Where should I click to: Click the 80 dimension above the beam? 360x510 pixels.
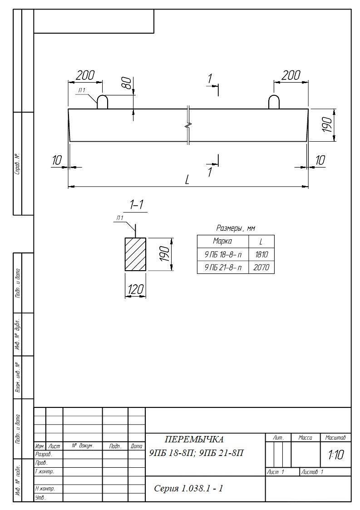[x=127, y=83]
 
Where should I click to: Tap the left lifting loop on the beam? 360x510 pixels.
[x=103, y=101]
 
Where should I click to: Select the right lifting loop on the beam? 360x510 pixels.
[x=274, y=101]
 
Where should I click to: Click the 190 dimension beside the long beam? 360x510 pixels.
[x=327, y=125]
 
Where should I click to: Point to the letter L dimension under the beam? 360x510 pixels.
[x=187, y=179]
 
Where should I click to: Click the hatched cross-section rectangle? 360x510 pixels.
[x=135, y=254]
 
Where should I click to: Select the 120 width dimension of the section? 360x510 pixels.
[x=135, y=289]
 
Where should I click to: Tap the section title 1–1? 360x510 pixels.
[x=137, y=205]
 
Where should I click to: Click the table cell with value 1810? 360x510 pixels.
[x=261, y=254]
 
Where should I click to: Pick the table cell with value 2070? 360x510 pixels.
[x=261, y=267]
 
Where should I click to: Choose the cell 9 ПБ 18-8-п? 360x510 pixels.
[x=223, y=254]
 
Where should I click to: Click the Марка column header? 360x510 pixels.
[x=223, y=241]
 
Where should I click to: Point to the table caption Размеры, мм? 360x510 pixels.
[x=236, y=228]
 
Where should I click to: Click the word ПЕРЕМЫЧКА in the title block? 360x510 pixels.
[x=194, y=440]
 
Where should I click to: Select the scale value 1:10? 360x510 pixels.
[x=335, y=455]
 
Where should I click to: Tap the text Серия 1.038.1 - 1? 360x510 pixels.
[x=188, y=488]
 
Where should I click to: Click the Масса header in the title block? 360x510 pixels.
[x=305, y=438]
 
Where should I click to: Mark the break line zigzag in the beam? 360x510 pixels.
[x=188, y=125]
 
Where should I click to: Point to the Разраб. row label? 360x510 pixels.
[x=44, y=455]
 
